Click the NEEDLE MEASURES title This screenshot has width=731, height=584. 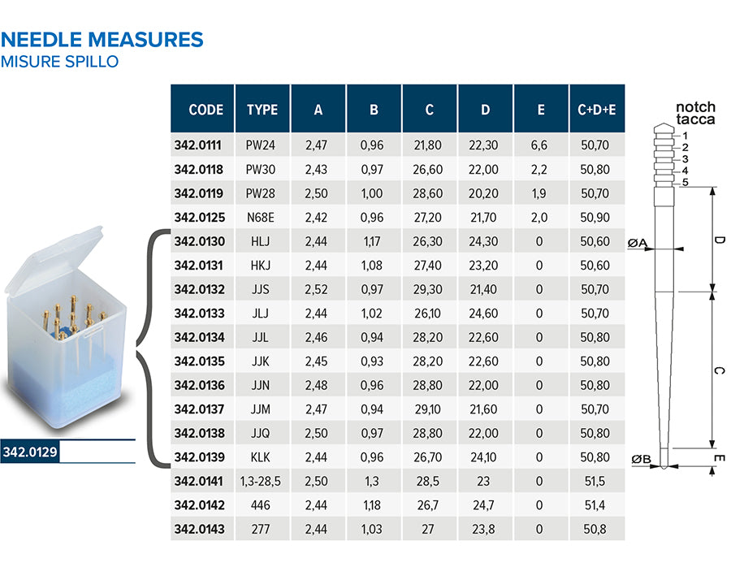(102, 40)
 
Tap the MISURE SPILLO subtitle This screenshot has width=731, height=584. (59, 62)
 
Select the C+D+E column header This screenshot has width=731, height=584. (597, 110)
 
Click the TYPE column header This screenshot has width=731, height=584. (262, 110)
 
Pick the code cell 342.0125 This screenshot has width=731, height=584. (200, 217)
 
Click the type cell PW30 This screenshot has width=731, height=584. (261, 169)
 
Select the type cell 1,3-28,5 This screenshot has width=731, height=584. (261, 481)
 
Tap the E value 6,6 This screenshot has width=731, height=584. (539, 145)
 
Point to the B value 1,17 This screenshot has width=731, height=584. (372, 241)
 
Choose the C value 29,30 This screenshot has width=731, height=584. (428, 289)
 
